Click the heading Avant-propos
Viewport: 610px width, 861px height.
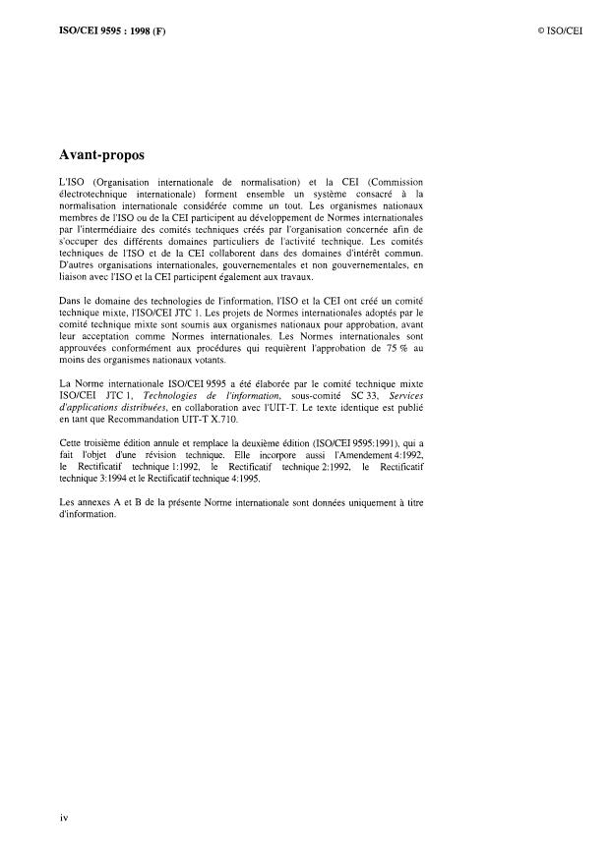pos(105,153)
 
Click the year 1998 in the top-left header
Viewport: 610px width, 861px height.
pos(142,30)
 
